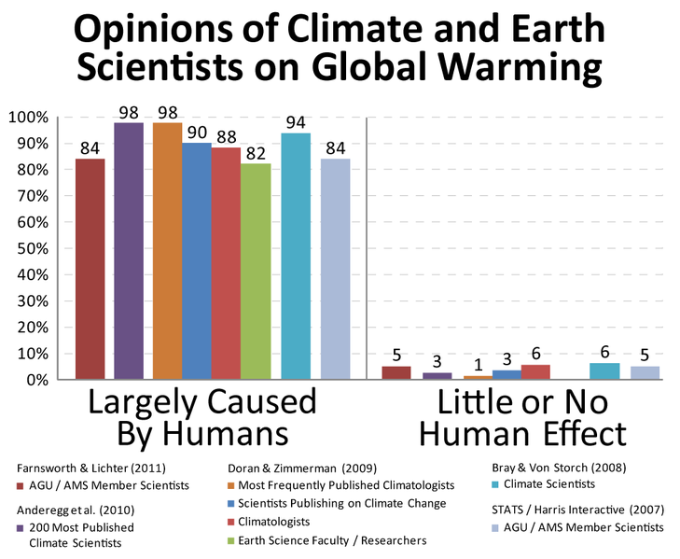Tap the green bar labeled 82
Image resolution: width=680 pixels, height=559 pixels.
[x=255, y=272]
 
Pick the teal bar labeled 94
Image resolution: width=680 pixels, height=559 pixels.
[x=296, y=256]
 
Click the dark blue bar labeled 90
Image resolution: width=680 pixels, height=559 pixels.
[x=196, y=260]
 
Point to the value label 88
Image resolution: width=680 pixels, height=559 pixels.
[x=225, y=136]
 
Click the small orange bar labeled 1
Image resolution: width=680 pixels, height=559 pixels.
[x=477, y=377]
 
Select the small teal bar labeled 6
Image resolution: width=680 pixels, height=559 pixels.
[x=604, y=371]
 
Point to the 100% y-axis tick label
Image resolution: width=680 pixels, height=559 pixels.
[x=30, y=118]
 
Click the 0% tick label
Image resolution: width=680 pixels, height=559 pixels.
[x=38, y=381]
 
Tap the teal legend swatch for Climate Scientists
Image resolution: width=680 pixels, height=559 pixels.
[x=494, y=485]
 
